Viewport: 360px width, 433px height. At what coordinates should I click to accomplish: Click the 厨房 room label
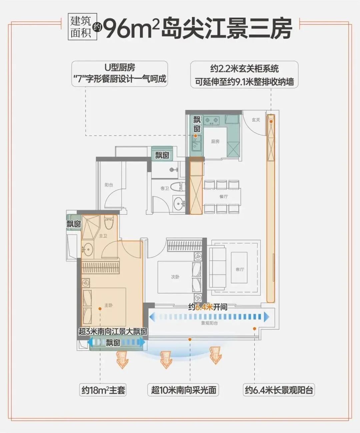215,141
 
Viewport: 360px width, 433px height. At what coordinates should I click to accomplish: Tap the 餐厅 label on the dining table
223,196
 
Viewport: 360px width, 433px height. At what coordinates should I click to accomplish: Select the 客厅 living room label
240,269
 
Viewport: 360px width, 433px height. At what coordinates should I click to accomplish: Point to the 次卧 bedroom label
175,277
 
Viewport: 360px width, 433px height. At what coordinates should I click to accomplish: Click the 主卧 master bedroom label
108,305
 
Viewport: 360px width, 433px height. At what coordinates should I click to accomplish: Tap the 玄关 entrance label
256,120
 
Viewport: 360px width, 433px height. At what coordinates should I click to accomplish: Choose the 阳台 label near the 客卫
109,185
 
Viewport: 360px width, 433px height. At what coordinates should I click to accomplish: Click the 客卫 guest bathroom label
165,188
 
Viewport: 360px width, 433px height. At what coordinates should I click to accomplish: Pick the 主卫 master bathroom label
103,236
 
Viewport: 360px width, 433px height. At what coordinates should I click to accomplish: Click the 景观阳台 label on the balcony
209,323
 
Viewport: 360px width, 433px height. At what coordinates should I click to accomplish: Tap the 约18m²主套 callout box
103,390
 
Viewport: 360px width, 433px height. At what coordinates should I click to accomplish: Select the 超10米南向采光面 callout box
183,390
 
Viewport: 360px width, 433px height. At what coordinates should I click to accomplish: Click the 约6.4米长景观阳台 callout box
279,390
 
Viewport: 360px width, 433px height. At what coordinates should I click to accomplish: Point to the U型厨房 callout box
120,74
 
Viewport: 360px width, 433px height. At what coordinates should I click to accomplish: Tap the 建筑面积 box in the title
81,27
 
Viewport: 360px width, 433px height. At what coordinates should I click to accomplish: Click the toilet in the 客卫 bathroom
177,186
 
